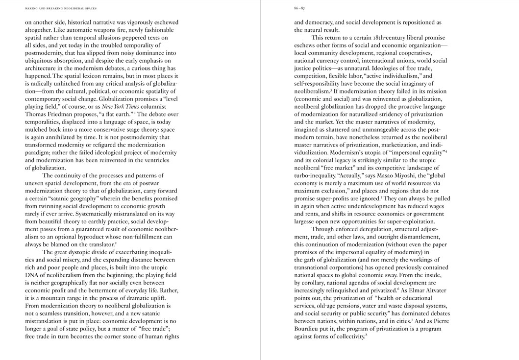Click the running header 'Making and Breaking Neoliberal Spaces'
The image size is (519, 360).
click(61, 8)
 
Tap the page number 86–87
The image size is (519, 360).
click(299, 8)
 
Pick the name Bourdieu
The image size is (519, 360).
click(308, 329)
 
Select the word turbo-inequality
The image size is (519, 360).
click(315, 176)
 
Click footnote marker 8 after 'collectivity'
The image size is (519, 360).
click(367, 335)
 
